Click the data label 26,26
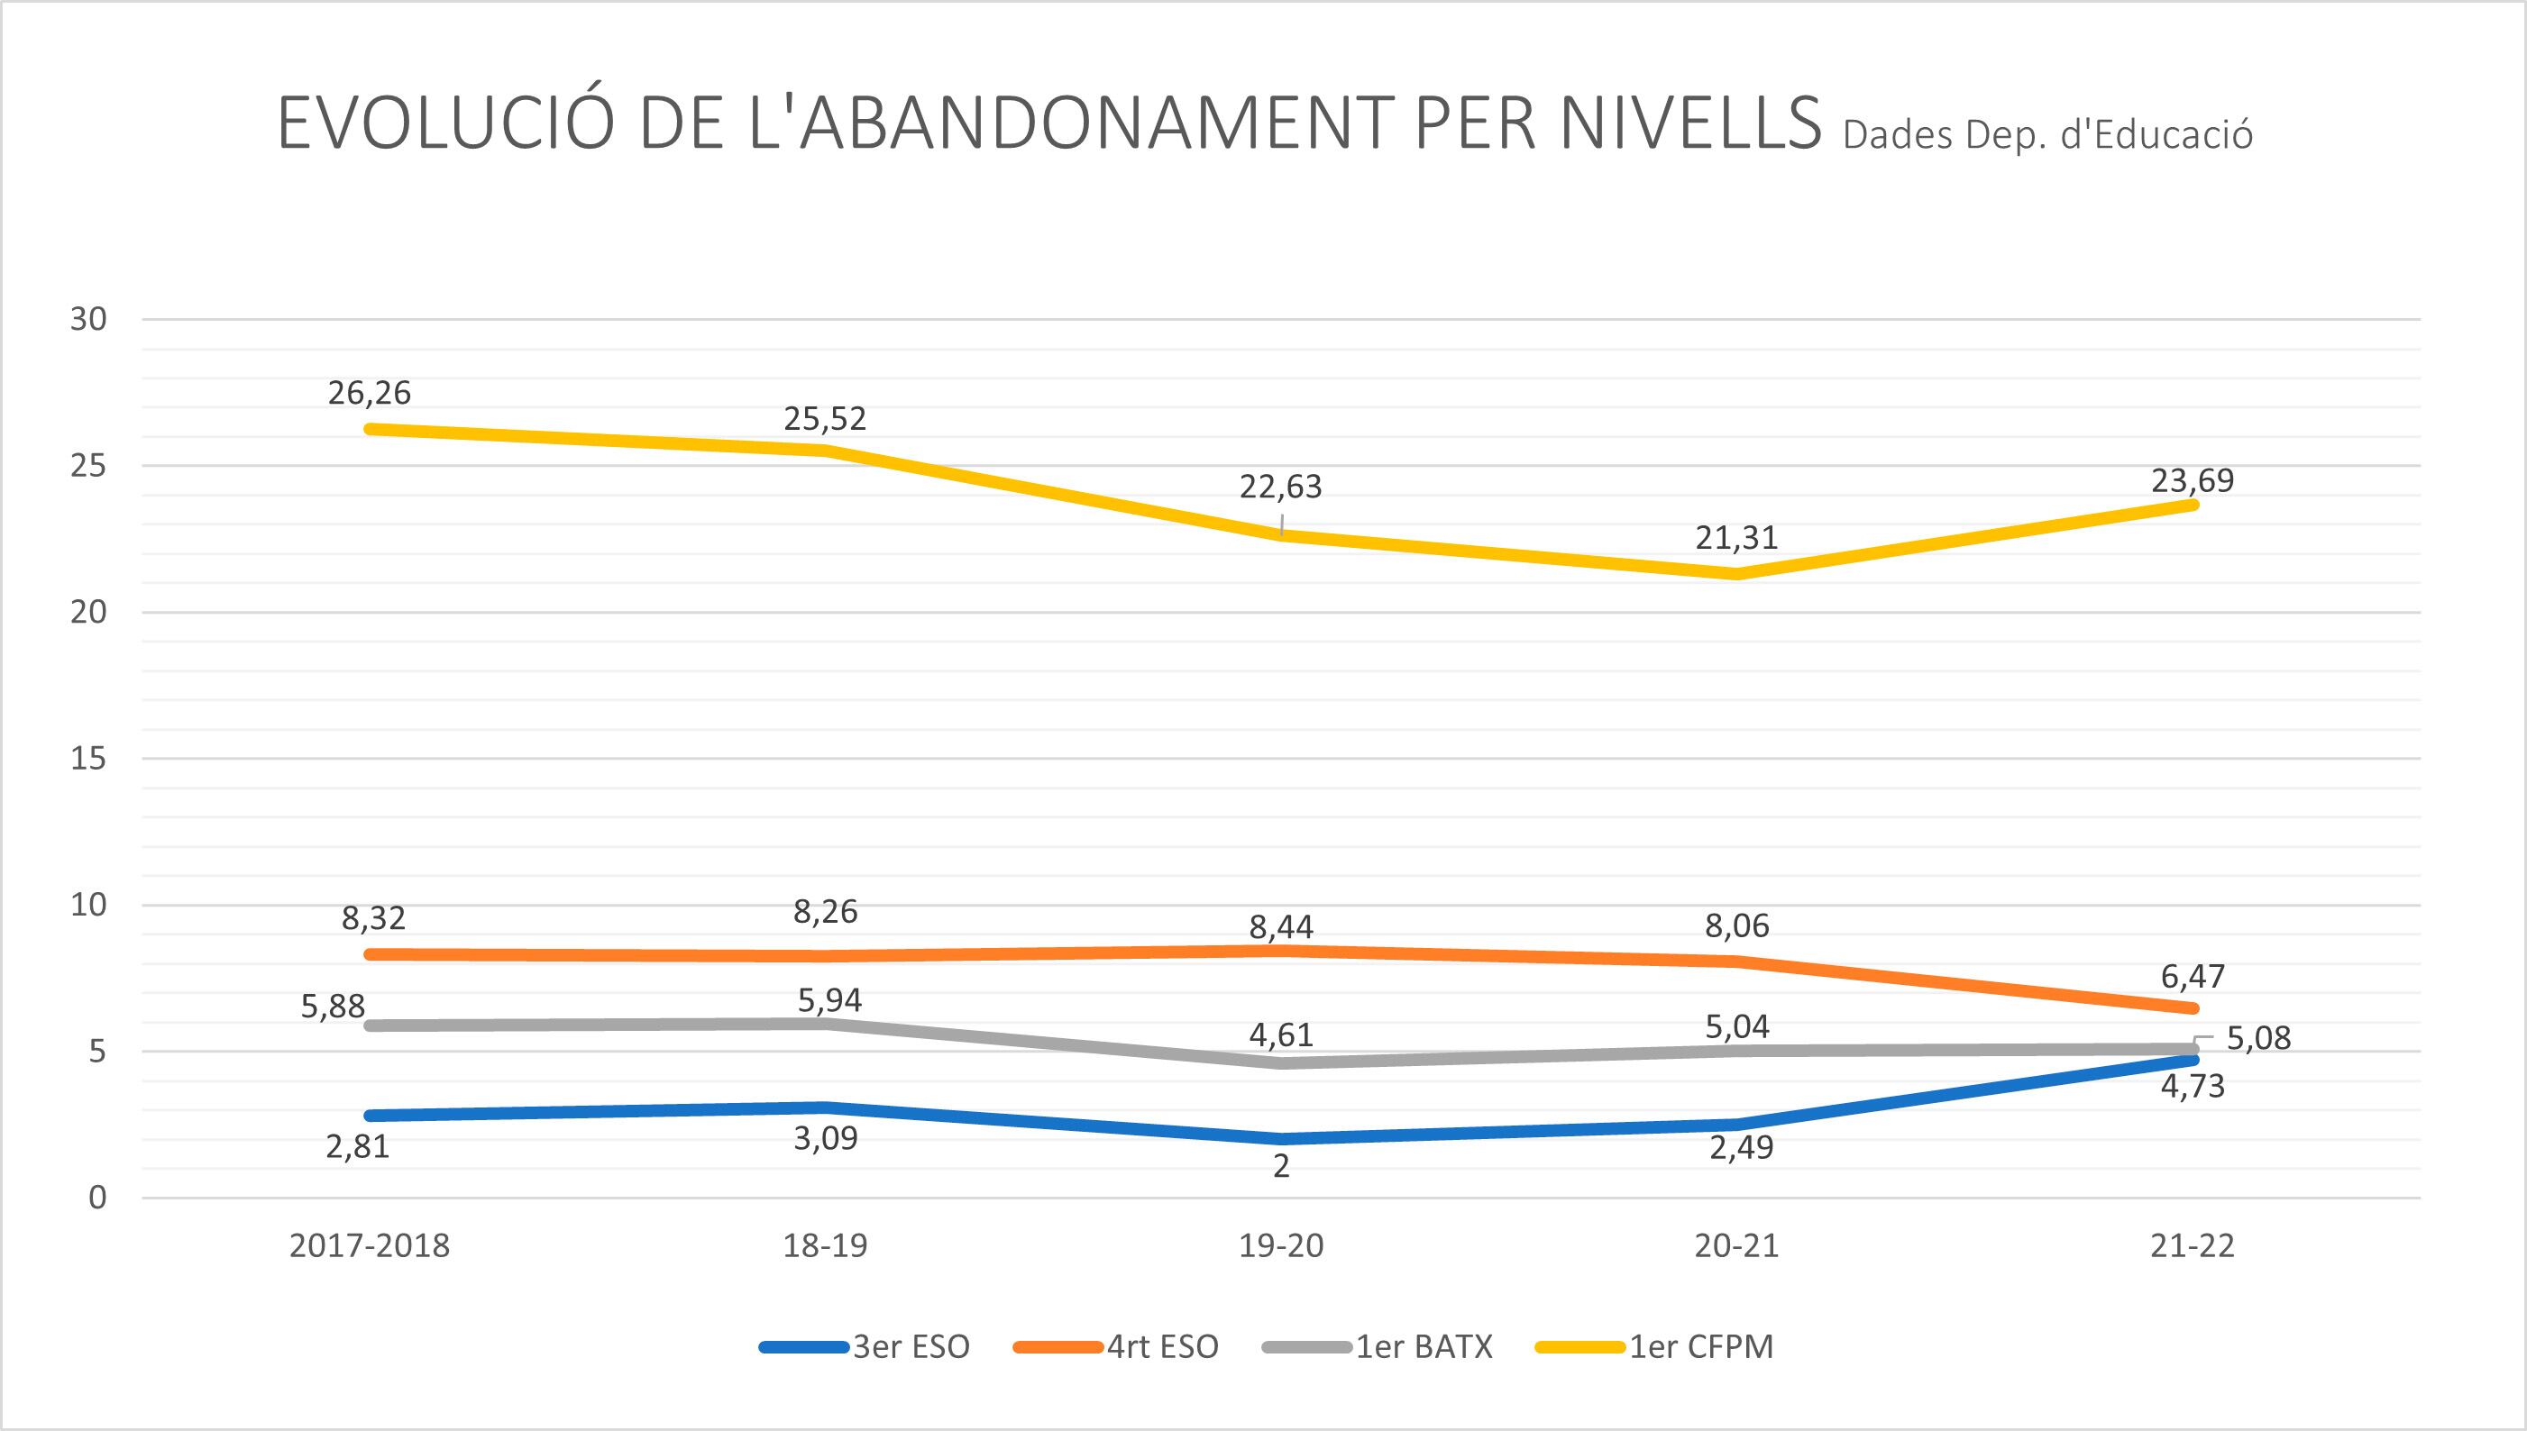(x=370, y=393)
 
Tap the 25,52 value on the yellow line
(x=825, y=420)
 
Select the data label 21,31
(x=1736, y=539)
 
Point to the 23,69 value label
(x=2193, y=480)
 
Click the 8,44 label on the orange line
(x=1281, y=926)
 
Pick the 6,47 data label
(x=2193, y=976)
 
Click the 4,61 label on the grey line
(x=1281, y=1034)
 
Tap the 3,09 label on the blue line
(x=825, y=1138)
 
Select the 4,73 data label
(x=2193, y=1087)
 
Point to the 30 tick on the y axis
(x=87, y=319)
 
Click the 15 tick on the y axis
(x=87, y=759)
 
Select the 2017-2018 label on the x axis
(x=370, y=1246)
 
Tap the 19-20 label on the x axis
(x=1281, y=1246)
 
